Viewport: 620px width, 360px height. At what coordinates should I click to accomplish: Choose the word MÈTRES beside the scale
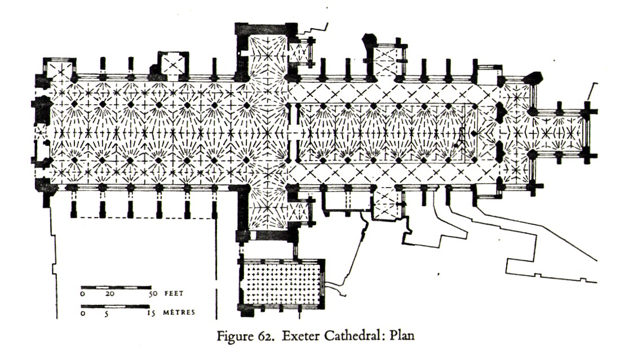(x=180, y=313)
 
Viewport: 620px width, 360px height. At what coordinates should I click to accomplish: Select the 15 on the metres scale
(x=151, y=313)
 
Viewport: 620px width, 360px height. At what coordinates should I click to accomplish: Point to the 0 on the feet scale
(x=83, y=294)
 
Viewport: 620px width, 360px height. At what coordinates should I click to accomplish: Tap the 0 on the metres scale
(x=83, y=313)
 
